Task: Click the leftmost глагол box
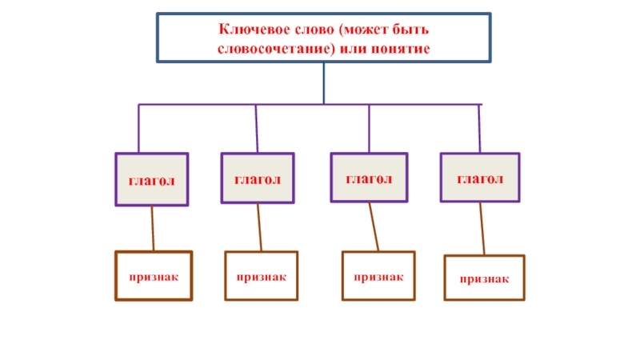pos(152,180)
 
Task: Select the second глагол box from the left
pos(258,178)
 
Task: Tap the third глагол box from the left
pos(369,178)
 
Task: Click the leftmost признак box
pos(154,276)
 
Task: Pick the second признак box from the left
pos(261,276)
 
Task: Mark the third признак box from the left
pos(378,276)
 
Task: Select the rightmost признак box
pos(484,278)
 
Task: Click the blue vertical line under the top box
pos(324,83)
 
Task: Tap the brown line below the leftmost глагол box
pos(153,229)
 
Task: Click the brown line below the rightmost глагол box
pos(482,229)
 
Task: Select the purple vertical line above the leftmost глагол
pos(139,128)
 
